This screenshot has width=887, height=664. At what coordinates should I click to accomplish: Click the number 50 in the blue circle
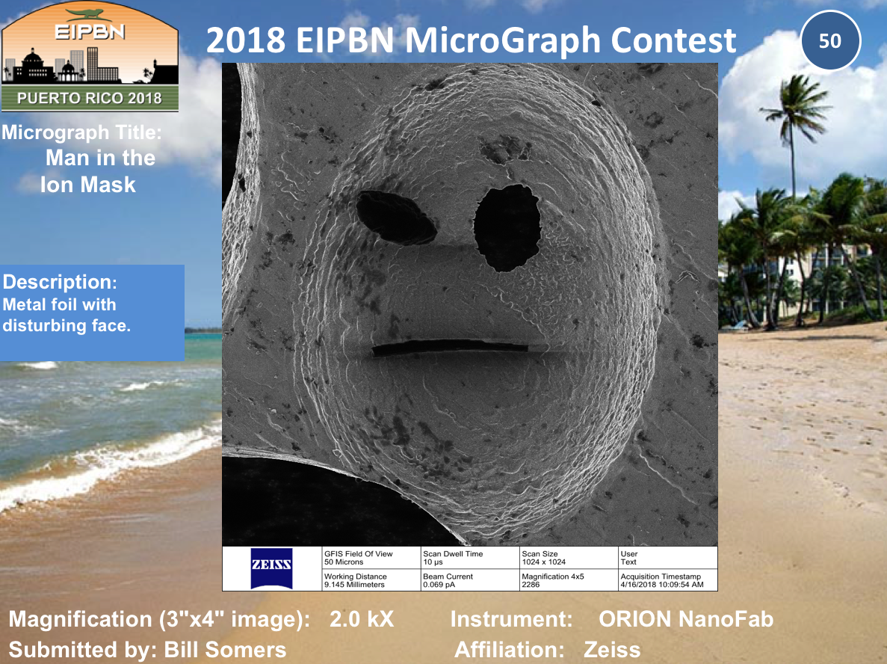click(x=830, y=41)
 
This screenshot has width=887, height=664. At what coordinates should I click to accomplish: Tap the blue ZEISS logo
click(x=271, y=568)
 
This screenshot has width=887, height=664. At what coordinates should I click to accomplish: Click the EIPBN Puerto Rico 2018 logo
click(x=90, y=57)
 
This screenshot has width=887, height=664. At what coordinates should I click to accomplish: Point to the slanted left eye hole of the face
click(x=396, y=218)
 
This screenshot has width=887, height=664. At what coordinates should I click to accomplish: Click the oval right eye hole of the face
click(x=507, y=227)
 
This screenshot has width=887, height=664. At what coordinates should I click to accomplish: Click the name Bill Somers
click(x=225, y=650)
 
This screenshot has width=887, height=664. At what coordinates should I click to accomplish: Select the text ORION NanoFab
click(x=686, y=619)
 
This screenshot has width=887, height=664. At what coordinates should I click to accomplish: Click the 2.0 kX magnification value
click(x=362, y=619)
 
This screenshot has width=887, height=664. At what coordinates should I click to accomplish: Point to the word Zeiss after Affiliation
click(x=612, y=650)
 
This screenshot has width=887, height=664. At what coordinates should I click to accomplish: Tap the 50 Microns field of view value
click(x=344, y=562)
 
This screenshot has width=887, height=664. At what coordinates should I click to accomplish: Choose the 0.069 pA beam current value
click(x=439, y=585)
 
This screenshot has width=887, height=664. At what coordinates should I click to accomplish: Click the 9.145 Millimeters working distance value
click(x=354, y=585)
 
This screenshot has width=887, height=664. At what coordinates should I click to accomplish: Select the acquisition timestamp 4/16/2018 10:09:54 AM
click(x=662, y=585)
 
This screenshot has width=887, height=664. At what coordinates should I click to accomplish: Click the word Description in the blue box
click(x=59, y=282)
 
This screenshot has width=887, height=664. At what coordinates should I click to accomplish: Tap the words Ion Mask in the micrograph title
click(x=87, y=185)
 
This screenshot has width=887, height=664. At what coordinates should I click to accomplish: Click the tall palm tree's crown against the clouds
click(x=795, y=108)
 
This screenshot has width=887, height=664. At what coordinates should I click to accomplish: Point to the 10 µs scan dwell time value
click(x=433, y=562)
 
